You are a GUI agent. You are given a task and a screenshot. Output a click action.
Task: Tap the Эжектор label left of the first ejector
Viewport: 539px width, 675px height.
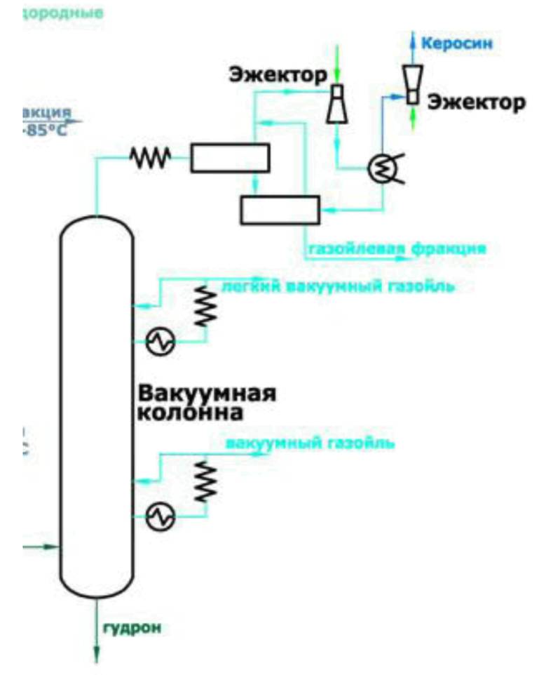click(278, 74)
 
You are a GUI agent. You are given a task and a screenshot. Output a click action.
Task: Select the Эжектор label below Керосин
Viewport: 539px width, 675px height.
click(476, 102)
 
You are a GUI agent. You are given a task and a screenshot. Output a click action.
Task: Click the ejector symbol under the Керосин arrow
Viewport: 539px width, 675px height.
click(411, 83)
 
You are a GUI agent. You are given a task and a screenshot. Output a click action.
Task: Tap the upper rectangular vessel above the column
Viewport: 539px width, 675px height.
click(230, 158)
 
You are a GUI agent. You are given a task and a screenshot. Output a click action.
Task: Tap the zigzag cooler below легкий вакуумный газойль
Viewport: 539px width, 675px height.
click(205, 306)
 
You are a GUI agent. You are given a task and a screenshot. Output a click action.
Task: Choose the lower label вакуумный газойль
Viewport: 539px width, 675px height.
click(310, 443)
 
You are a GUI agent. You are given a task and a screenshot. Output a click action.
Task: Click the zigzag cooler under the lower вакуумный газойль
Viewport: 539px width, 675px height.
click(205, 481)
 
